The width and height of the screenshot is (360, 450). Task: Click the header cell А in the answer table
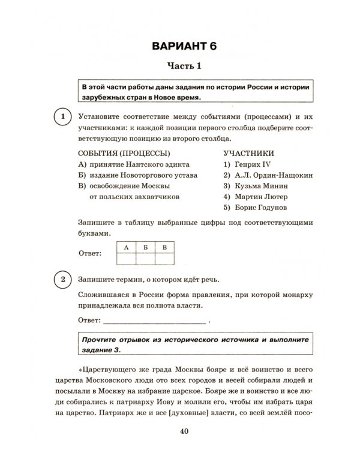point(126,247)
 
